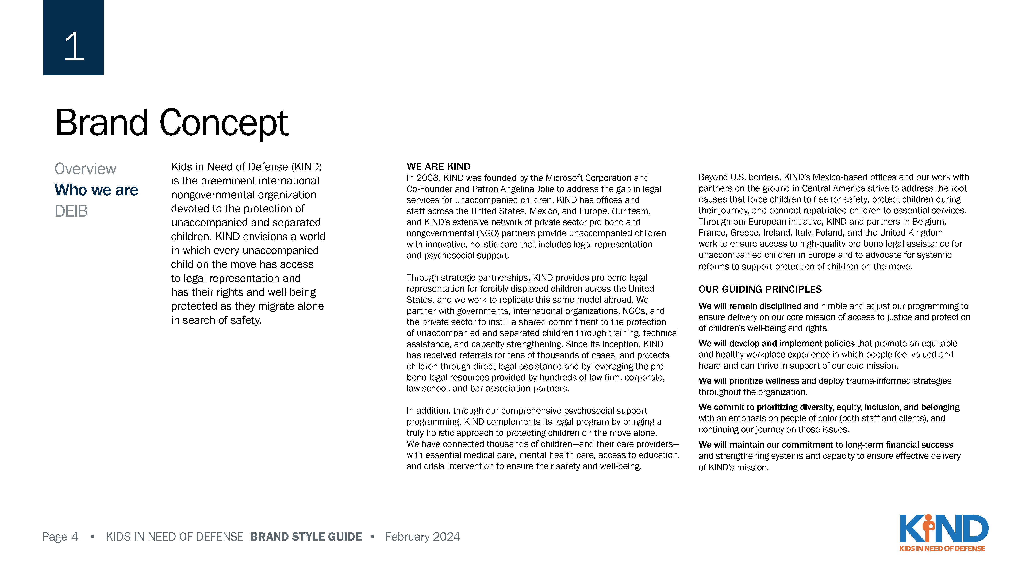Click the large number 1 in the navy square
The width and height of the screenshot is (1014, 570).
tap(74, 46)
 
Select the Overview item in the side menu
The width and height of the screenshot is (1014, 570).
tap(85, 169)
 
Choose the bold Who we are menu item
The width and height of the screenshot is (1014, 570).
tap(96, 190)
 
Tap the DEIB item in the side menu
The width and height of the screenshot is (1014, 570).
tap(71, 211)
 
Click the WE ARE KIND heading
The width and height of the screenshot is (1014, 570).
tap(438, 166)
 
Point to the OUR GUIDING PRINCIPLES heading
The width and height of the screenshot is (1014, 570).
tap(760, 290)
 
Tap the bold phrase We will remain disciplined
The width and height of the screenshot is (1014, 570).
tap(750, 306)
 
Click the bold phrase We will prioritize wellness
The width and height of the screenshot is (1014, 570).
tap(748, 381)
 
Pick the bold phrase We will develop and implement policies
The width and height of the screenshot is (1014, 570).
tap(776, 343)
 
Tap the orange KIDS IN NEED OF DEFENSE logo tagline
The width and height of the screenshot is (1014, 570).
tap(942, 548)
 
